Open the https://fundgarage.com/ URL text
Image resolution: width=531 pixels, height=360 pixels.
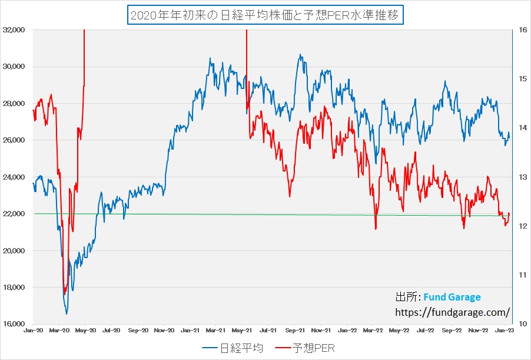tap(452, 312)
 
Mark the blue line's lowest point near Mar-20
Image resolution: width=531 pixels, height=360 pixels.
tap(67, 313)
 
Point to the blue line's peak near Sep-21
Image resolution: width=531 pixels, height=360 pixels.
tap(301, 55)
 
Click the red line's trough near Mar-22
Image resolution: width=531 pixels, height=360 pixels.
tap(375, 229)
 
